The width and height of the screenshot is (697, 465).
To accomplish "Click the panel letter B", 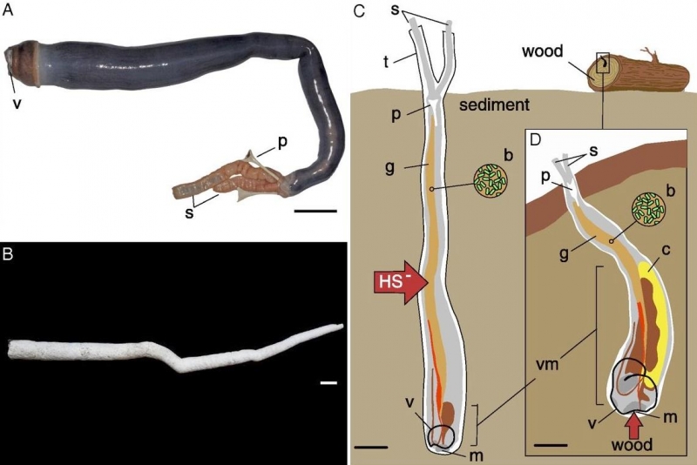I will click(8, 257).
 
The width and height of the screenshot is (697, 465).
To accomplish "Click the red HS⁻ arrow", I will click(397, 282).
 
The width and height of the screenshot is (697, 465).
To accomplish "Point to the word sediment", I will click(495, 104).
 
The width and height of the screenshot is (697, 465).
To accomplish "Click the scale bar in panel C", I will click(371, 448).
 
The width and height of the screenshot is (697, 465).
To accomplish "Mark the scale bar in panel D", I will click(546, 447).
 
